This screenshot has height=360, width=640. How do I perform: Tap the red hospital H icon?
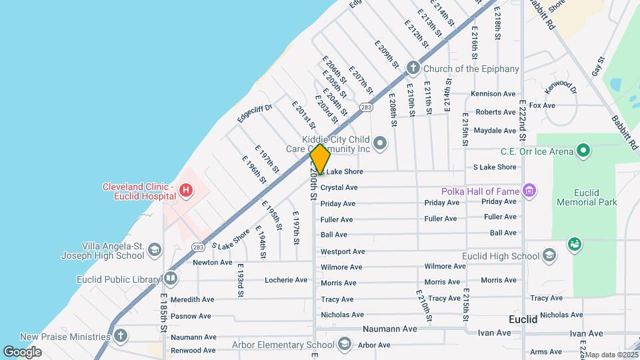(187, 192)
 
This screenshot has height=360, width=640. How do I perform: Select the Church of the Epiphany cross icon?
(413, 67)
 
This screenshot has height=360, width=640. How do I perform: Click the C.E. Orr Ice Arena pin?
(583, 151)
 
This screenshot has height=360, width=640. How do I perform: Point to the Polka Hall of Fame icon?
(530, 191)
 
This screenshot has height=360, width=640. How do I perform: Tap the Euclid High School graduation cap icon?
(549, 255)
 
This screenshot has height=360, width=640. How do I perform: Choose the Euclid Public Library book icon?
(171, 279)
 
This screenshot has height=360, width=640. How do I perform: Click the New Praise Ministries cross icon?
(120, 335)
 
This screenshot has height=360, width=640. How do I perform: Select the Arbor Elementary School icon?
(344, 344)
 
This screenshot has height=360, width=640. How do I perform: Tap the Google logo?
(22, 351)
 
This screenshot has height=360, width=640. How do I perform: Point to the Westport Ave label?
(343, 251)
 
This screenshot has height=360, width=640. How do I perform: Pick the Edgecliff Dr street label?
(255, 113)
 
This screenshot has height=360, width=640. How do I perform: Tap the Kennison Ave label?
(493, 94)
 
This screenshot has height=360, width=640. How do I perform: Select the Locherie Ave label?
(286, 280)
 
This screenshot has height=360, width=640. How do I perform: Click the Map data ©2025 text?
(612, 355)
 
